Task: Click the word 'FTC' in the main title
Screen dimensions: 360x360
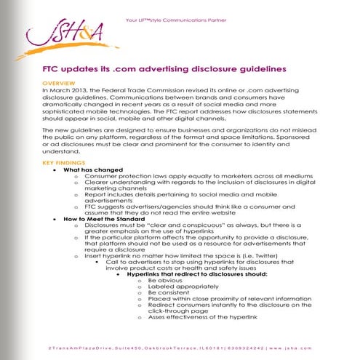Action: point(53,69)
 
